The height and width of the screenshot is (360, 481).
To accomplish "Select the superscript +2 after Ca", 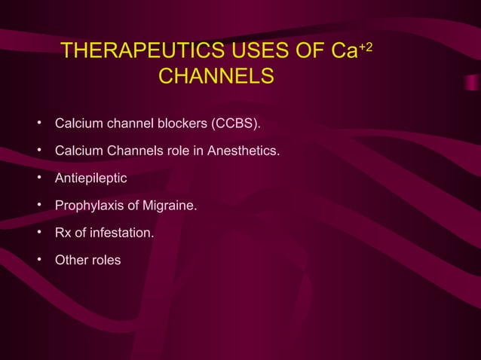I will click(x=366, y=47).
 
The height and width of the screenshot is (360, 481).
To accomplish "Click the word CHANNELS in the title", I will click(x=216, y=78).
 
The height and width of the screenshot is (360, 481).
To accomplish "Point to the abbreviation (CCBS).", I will click(x=237, y=123).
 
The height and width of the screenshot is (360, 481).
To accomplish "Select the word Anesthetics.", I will click(x=244, y=151).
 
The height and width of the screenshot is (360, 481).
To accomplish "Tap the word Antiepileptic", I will click(x=90, y=179).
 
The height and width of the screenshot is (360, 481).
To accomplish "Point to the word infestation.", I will click(x=122, y=233).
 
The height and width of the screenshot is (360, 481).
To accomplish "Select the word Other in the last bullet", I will click(x=71, y=261).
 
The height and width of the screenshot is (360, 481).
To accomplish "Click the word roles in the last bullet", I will click(x=106, y=261).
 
